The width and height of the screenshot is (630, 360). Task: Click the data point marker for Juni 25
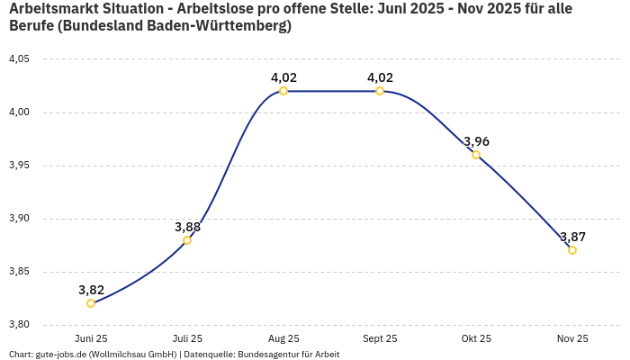(x=91, y=303)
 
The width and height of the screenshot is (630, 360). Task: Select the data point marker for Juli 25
(x=187, y=240)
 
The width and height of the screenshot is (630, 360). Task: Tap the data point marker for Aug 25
(x=283, y=91)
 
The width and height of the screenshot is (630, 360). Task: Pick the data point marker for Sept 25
(x=380, y=91)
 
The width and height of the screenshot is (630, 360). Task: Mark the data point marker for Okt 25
(x=476, y=155)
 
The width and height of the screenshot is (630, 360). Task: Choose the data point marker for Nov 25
(x=572, y=250)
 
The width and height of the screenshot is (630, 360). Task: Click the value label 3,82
(x=91, y=290)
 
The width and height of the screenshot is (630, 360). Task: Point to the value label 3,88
(x=187, y=227)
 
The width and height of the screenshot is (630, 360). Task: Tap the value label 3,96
(x=476, y=141)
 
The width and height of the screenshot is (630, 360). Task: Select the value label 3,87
(x=572, y=237)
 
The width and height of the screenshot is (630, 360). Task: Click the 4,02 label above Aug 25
(x=283, y=77)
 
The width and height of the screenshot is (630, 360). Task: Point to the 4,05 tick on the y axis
(x=19, y=59)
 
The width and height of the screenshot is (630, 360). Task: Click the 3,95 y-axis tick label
(x=19, y=166)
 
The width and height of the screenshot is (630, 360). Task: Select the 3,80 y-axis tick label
(x=19, y=325)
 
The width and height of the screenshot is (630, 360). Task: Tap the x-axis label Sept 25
(x=380, y=339)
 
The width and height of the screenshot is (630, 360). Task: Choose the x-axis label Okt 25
(x=476, y=339)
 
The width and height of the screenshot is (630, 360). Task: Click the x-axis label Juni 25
(x=91, y=339)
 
